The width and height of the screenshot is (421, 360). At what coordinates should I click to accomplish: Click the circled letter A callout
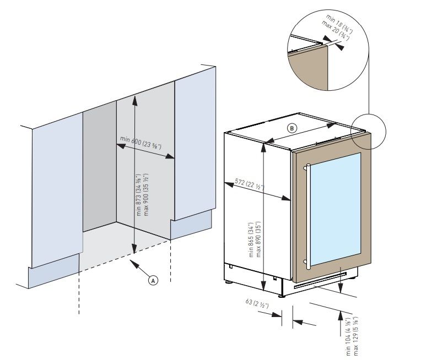tap(154, 280)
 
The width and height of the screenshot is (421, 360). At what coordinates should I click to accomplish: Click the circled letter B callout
tap(292, 128)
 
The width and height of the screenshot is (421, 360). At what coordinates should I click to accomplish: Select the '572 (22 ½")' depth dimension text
tap(250, 185)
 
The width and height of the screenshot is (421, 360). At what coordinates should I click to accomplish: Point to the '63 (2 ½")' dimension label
tap(256, 304)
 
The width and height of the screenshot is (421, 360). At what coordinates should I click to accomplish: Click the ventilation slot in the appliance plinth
tap(320, 281)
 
